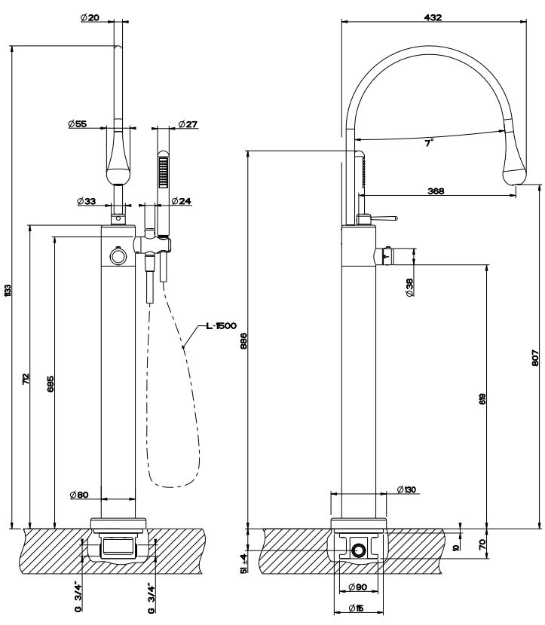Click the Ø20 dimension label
coord(90,18)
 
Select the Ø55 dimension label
coord(77,124)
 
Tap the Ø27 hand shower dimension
coord(187,124)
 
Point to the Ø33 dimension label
coord(87,201)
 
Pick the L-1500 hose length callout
coord(221,326)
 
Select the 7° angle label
coord(428,143)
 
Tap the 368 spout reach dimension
coord(435,191)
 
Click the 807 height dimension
coord(534,361)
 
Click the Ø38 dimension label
coord(409,287)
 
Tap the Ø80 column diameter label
coord(79,495)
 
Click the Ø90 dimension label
coord(358,587)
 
